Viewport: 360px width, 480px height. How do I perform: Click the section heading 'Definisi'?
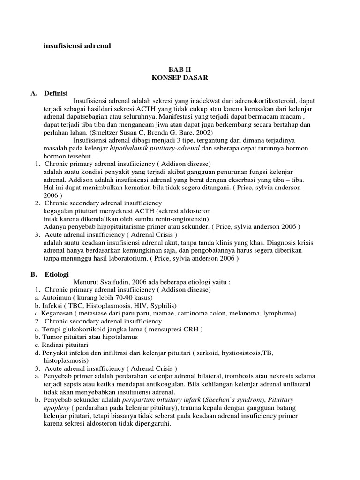(56, 92)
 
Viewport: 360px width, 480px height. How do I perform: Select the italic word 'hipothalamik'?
(127, 148)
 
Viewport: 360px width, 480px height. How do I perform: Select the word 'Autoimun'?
(55, 298)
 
